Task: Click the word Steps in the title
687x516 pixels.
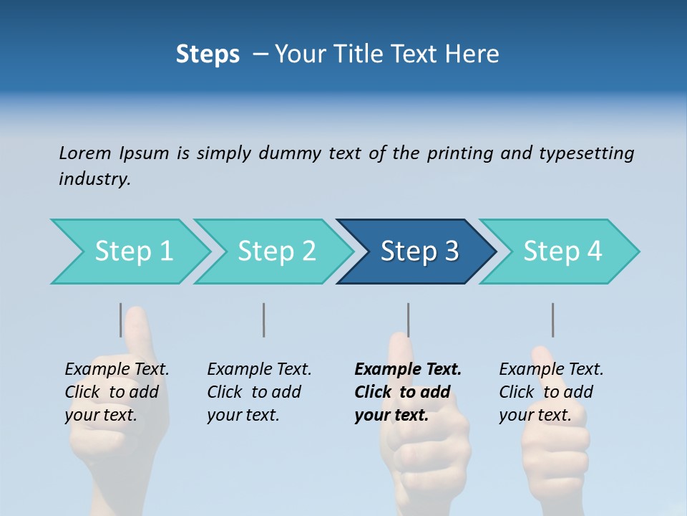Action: (208, 54)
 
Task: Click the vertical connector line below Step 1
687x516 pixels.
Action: (121, 320)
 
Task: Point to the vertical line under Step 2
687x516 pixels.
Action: (264, 320)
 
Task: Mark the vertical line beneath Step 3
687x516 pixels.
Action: (408, 320)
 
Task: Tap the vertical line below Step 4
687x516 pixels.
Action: (552, 320)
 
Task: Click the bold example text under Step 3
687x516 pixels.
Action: (406, 392)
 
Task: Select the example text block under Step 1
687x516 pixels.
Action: (117, 392)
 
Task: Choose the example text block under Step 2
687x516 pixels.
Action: (259, 392)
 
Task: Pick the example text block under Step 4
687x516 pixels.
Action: (551, 392)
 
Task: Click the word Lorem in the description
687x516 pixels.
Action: (84, 153)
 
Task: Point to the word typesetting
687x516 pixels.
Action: (586, 153)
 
